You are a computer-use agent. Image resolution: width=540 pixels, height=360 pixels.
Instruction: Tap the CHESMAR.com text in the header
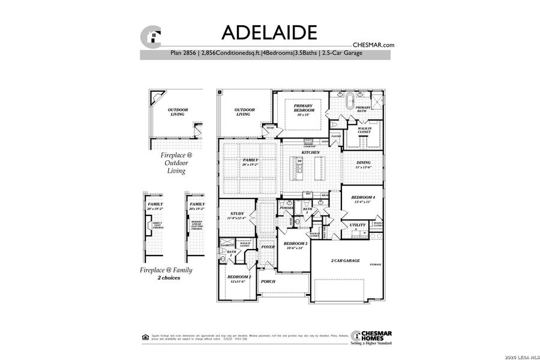(373, 44)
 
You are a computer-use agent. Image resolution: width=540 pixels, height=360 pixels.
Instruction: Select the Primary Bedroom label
(303, 110)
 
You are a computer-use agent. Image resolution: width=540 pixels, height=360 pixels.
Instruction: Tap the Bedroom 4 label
(362, 199)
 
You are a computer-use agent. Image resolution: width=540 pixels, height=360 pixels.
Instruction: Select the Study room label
(236, 216)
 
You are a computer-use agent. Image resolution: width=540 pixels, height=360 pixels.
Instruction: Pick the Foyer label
(268, 247)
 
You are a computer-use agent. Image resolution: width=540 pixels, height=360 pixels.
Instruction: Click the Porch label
(267, 281)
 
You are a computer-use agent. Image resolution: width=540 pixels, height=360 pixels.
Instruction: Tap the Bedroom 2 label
(235, 278)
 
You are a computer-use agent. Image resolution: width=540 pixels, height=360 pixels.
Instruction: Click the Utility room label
(358, 225)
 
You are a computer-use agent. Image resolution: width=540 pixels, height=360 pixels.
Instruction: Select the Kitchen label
(310, 153)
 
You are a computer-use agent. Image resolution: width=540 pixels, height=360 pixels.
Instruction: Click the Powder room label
(286, 208)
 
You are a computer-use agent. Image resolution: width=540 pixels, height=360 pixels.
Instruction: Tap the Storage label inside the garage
(376, 265)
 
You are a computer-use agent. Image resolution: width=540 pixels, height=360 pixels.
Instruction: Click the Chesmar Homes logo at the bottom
(372, 337)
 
